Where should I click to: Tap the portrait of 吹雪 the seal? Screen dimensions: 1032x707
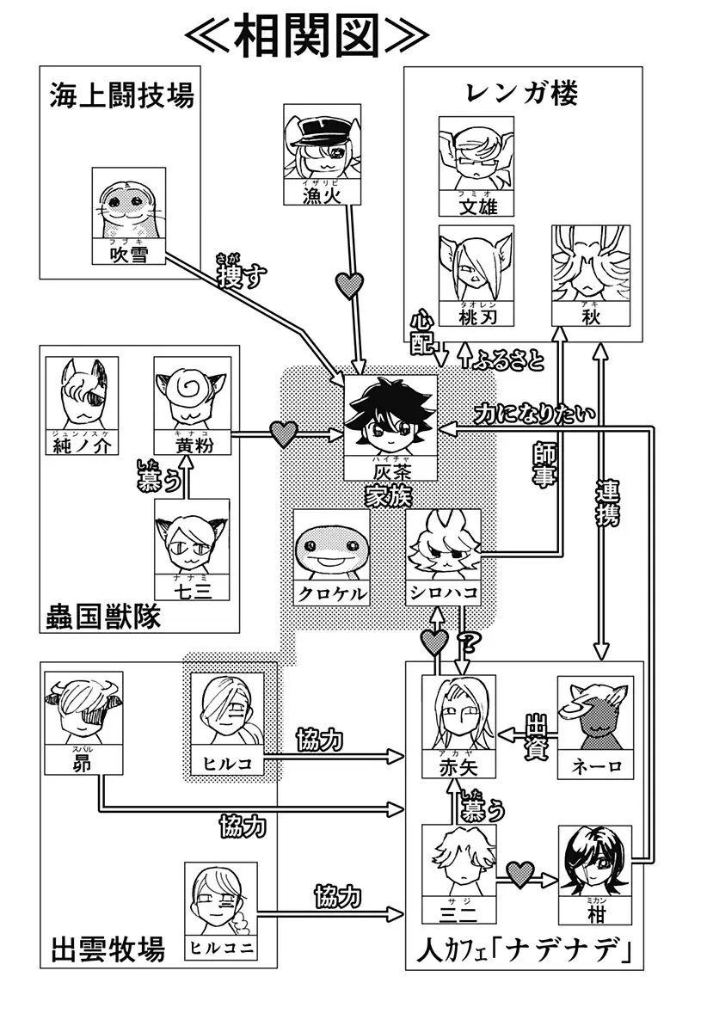(x=128, y=206)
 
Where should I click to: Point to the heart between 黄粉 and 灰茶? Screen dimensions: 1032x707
(x=283, y=434)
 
